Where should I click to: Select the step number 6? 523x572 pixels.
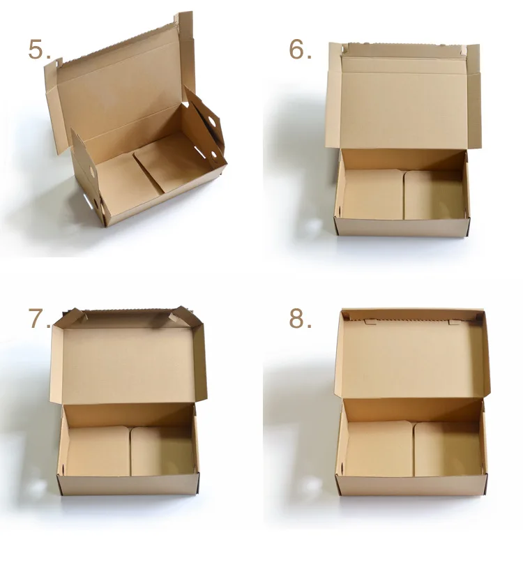point(300,50)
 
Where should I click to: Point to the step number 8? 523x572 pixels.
point(300,318)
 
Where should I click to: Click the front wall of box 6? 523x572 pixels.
point(401,227)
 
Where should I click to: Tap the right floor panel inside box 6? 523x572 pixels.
point(434,195)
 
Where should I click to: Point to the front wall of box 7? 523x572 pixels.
point(129,485)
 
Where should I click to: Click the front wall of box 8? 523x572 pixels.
point(411,485)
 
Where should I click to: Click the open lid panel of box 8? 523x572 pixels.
point(411,359)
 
